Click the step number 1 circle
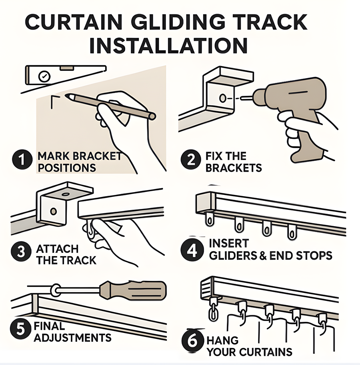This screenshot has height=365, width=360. pos(22,159)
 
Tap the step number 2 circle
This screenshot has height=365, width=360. pos(191,159)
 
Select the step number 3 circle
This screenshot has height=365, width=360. pos(21,251)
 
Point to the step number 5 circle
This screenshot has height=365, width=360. pos(20,329)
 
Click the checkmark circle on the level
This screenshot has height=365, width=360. pos(44,76)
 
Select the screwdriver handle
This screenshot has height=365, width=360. pos(133,290)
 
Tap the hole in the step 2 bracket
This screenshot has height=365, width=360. pos(222,98)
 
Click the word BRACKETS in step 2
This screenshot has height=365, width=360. pos(234,168)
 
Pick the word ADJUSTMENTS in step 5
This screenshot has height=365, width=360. pos(73,337)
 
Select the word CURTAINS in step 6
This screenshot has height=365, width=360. pos(266,352)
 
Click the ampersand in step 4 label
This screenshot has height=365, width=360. pos(263,256)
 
